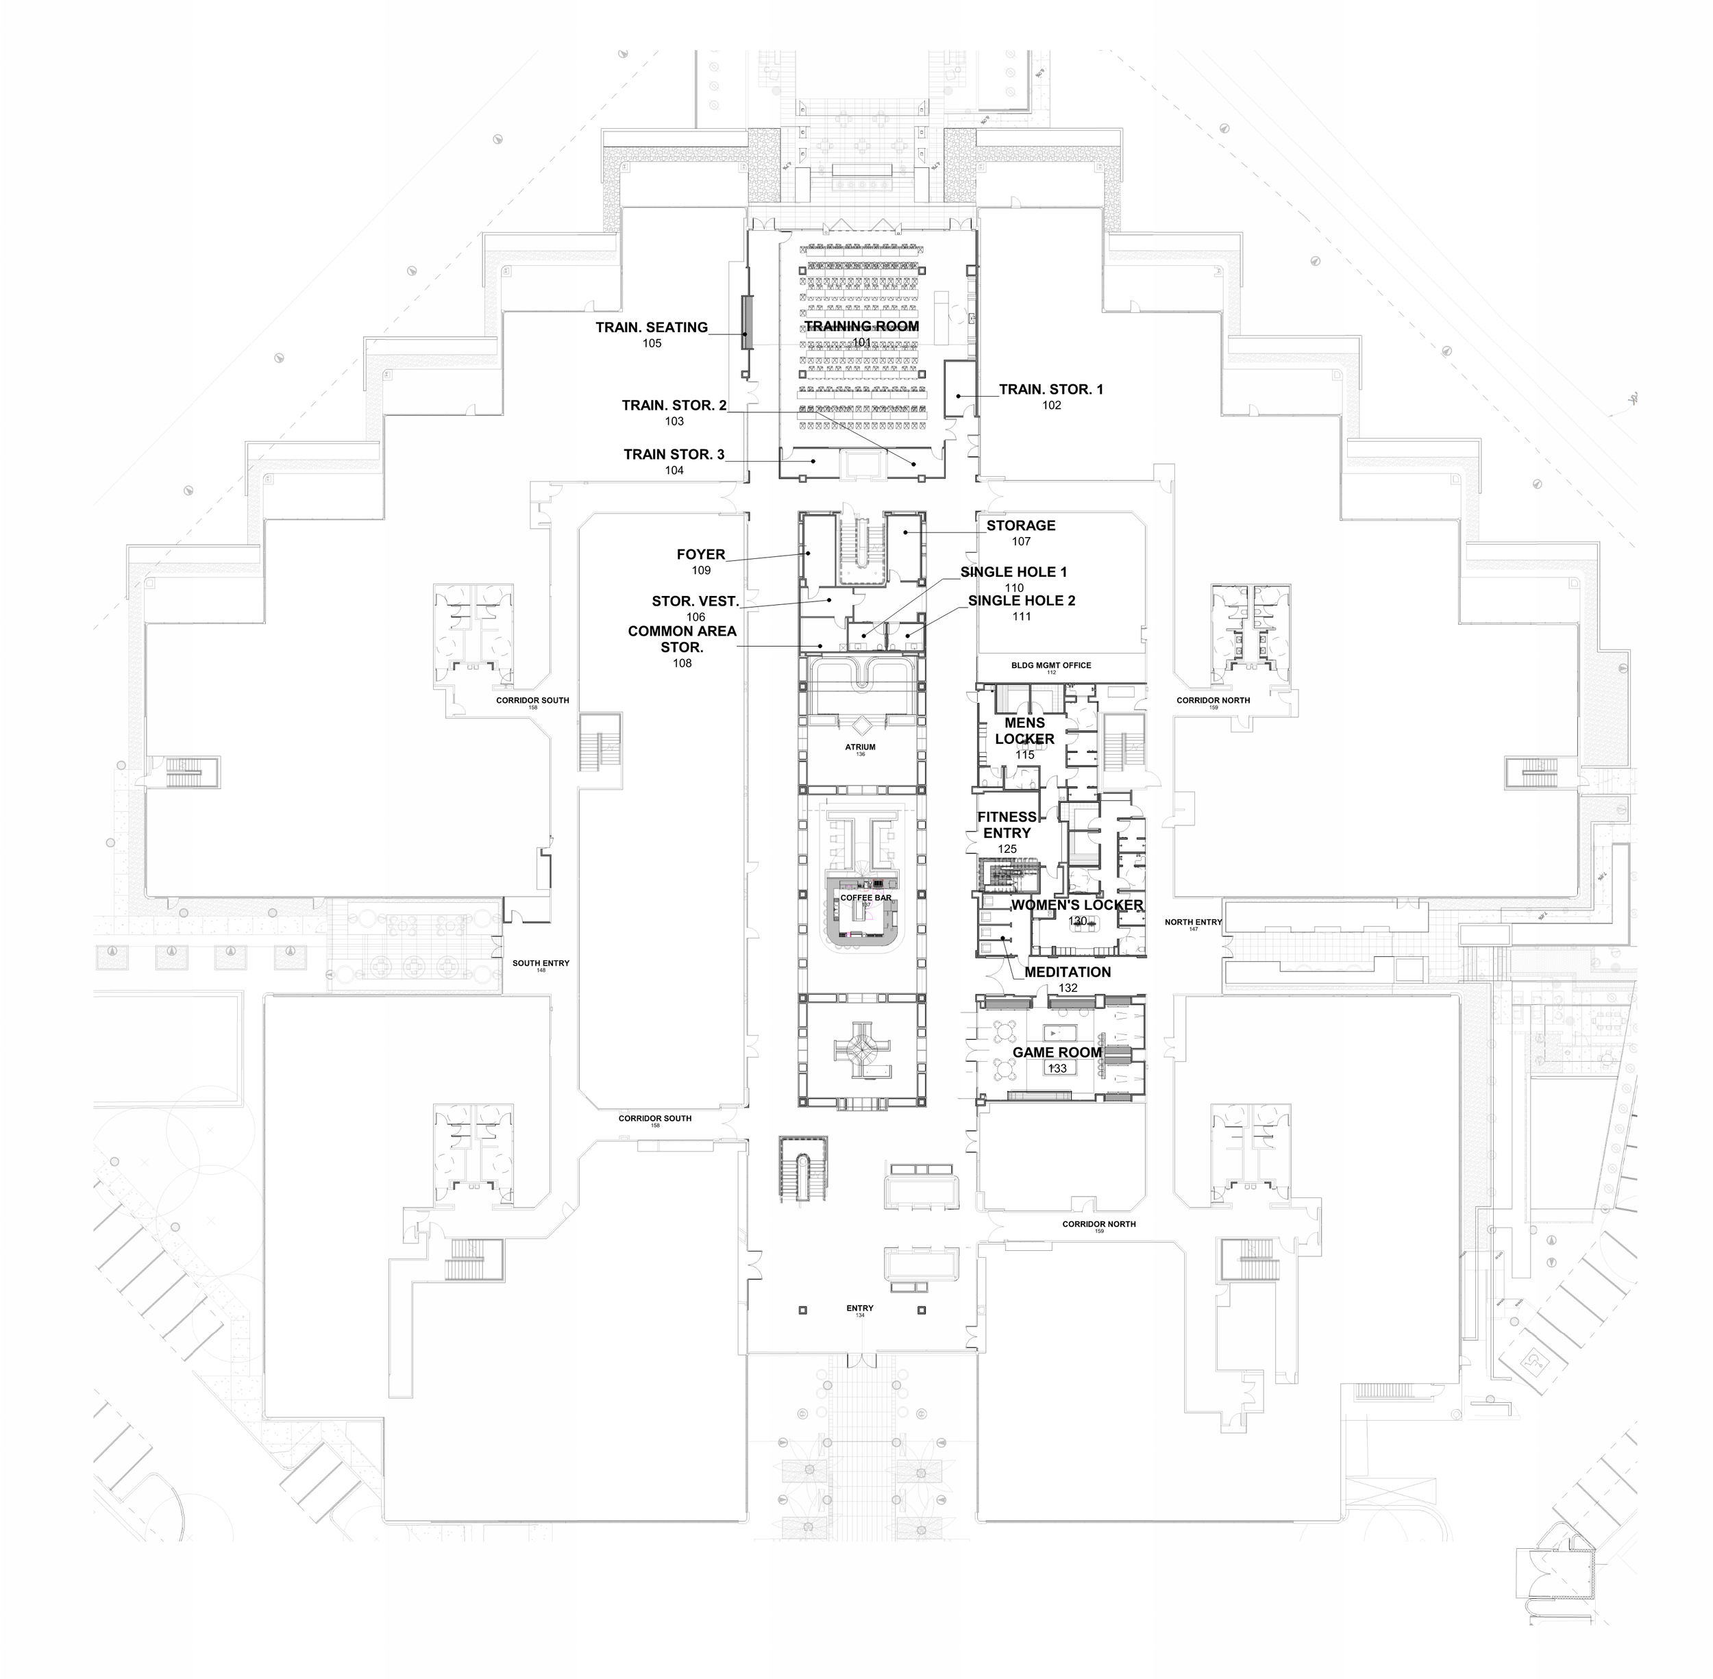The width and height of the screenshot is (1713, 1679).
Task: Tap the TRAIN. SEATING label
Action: [651, 328]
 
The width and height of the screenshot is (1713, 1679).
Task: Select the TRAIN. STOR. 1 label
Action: [1050, 390]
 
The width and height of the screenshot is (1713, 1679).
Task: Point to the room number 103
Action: [674, 421]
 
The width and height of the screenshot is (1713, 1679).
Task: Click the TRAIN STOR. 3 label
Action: [674, 455]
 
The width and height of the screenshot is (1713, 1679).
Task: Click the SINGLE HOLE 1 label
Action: [1013, 572]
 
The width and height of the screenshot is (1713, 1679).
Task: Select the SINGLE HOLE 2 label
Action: [1022, 601]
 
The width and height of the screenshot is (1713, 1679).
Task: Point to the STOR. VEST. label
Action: [695, 602]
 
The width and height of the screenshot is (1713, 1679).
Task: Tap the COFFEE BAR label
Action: [865, 897]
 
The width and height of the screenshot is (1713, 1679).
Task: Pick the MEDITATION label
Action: [1068, 973]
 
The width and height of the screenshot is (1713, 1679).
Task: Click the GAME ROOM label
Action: [1057, 1053]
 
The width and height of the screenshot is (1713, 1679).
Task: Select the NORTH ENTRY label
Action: [1192, 923]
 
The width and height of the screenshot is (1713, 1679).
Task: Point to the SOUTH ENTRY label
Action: [541, 964]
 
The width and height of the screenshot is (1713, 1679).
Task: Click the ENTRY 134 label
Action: [859, 1308]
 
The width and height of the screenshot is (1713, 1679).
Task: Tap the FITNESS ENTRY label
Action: [1007, 825]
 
